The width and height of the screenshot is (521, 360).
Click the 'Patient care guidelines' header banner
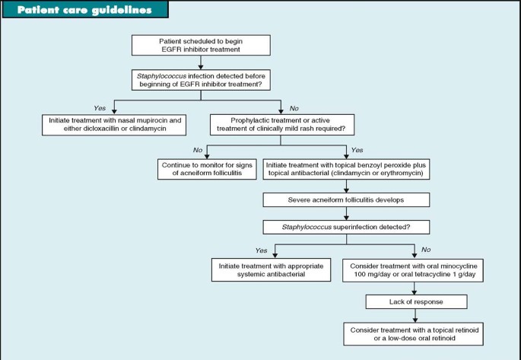tap(84, 10)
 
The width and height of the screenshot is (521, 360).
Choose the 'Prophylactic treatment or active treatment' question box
tap(282, 124)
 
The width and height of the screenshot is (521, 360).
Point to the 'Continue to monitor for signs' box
tap(207, 168)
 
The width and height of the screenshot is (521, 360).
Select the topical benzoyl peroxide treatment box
tap(347, 168)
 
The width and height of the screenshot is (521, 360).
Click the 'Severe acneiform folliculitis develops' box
tap(347, 199)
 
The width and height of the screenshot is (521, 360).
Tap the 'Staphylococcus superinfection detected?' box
tap(347, 226)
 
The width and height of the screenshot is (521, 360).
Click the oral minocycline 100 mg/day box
tap(414, 269)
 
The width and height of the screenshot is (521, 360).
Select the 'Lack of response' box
tap(414, 302)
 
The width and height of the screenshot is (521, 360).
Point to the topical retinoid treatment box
tap(414, 333)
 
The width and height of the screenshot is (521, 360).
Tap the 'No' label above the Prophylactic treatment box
tap(294, 108)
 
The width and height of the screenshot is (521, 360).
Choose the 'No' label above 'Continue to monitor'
tap(198, 150)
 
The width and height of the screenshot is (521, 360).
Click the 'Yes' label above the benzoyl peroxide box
tap(358, 150)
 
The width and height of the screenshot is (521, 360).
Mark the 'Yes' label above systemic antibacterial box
tap(262, 249)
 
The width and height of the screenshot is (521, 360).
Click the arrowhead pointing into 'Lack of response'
tap(414, 292)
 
